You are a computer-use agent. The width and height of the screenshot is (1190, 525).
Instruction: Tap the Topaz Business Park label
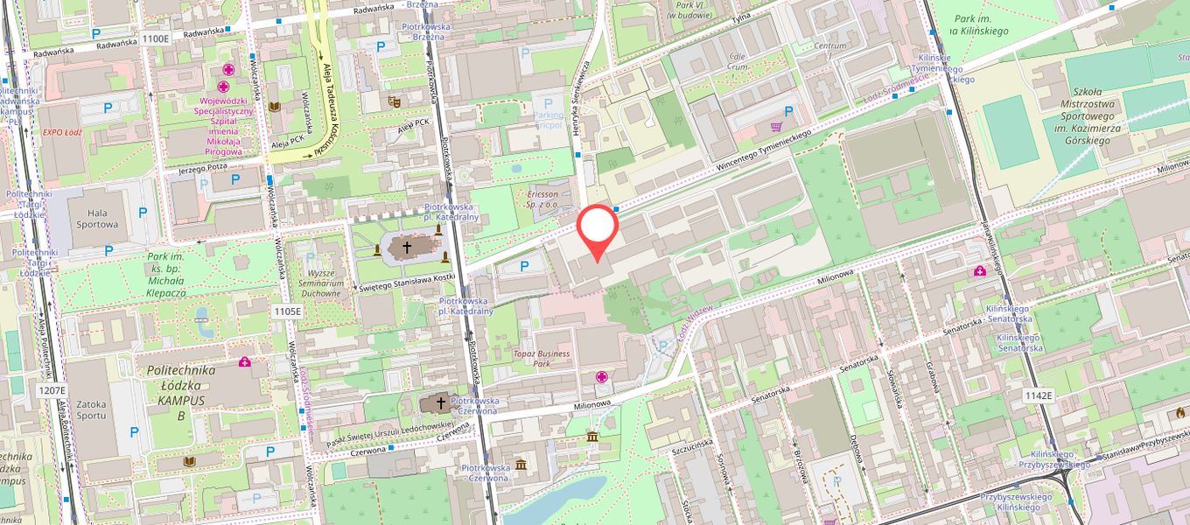point(542,359)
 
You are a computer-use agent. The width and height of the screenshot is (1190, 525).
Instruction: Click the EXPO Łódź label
point(62,132)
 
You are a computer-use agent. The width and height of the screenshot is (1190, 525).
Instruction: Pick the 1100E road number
point(155,38)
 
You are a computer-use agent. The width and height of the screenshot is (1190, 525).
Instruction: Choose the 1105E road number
point(287,311)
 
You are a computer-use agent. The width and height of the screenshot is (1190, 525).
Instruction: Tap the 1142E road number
point(1038,395)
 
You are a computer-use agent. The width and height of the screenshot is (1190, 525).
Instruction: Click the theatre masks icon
point(394,101)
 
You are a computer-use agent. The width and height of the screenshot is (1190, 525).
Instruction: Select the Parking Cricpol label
point(549,121)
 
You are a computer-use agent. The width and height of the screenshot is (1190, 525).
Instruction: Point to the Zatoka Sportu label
point(91,409)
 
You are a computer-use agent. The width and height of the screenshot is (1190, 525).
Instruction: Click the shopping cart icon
point(776,126)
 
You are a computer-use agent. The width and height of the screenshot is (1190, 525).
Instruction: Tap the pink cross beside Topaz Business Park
point(602,376)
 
